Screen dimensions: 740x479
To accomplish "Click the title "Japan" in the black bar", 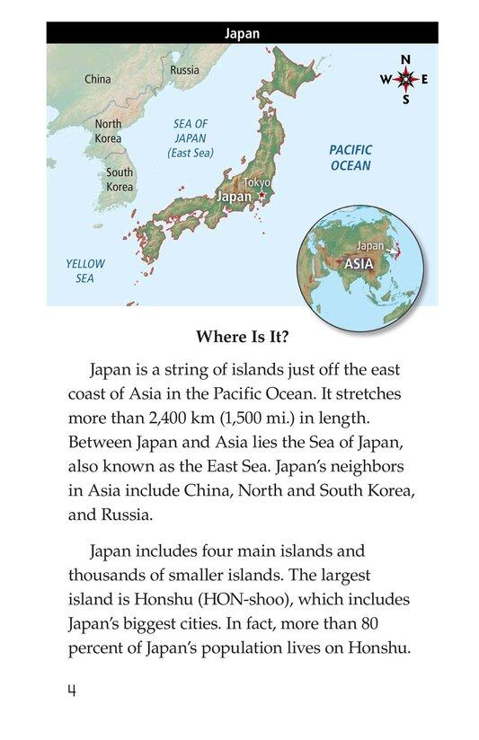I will coord(242,33).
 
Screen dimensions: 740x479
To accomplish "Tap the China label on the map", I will coord(97,79).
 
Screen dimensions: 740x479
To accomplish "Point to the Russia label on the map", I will coord(184,69).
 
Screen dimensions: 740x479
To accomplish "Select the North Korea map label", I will coord(108,131).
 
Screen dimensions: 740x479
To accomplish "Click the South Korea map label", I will coord(120,180).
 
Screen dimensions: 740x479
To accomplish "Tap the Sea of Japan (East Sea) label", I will coord(190,139).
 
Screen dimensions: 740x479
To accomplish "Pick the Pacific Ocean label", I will coord(350,158).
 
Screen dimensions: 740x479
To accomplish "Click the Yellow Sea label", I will coord(84,270).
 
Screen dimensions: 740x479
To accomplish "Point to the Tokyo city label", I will coord(256,182).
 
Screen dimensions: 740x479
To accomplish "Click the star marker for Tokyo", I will coord(262,196).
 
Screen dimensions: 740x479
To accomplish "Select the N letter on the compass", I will coord(406,59).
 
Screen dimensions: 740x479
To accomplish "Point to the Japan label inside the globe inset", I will coord(370,245).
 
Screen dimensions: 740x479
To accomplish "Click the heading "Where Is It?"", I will coord(242,339).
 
